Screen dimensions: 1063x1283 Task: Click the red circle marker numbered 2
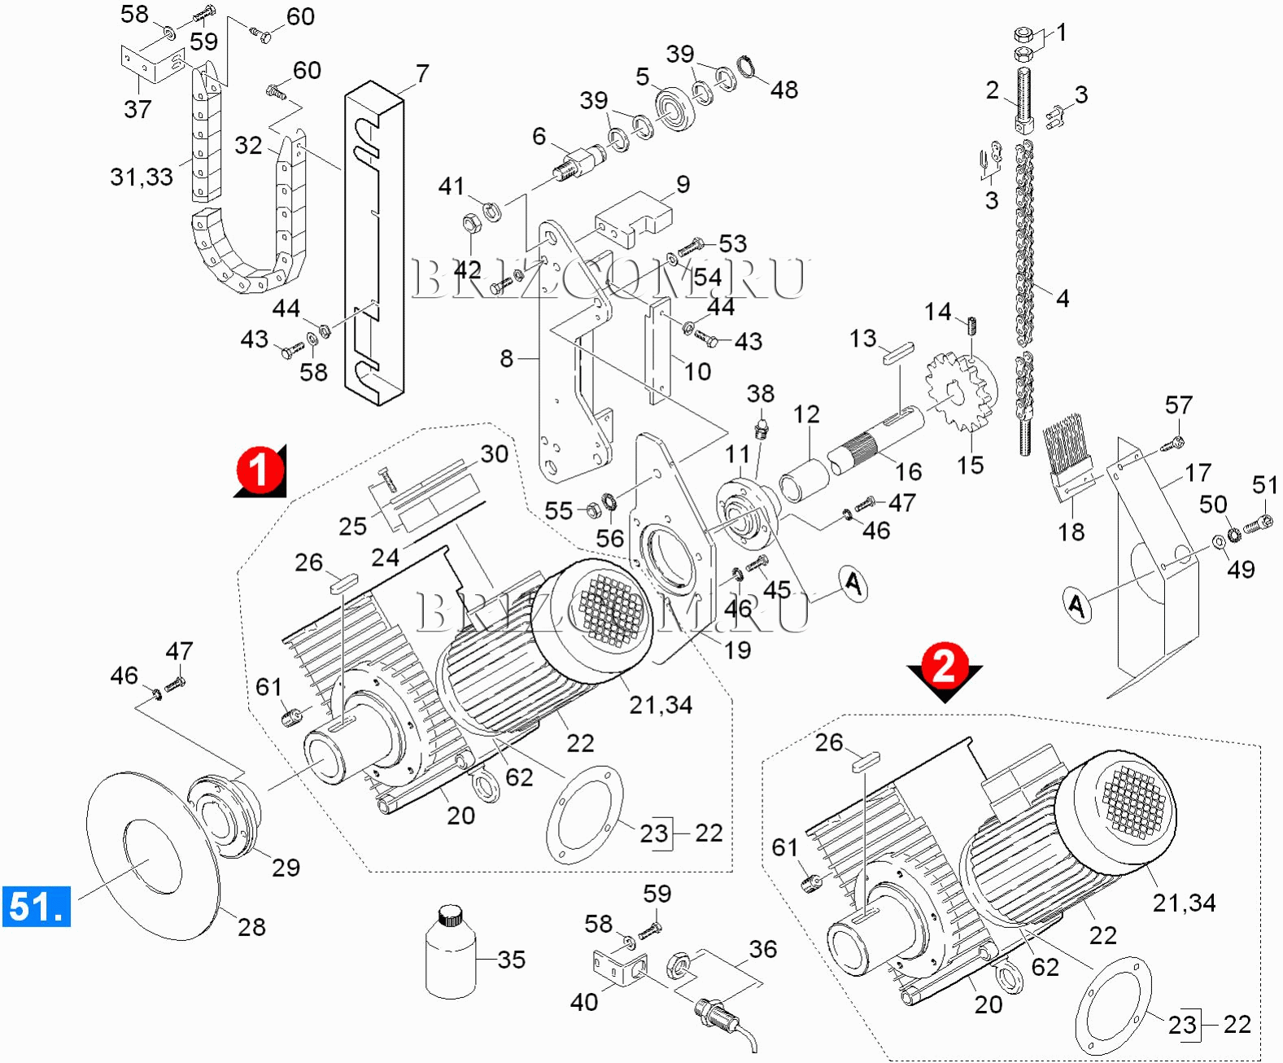(x=944, y=666)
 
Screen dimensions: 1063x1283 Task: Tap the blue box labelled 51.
(x=37, y=906)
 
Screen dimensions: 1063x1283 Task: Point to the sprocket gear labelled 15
(x=960, y=392)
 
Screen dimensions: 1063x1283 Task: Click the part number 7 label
(x=422, y=73)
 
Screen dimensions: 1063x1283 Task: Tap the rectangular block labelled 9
(x=635, y=218)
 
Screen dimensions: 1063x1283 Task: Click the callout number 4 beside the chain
(x=1062, y=298)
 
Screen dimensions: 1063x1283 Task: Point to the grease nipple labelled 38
(x=761, y=428)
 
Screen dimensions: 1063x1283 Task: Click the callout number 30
(x=494, y=454)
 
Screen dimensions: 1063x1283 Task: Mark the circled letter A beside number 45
(x=853, y=584)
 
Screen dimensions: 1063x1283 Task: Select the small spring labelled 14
(x=973, y=325)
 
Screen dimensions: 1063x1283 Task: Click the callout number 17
(x=1198, y=472)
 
